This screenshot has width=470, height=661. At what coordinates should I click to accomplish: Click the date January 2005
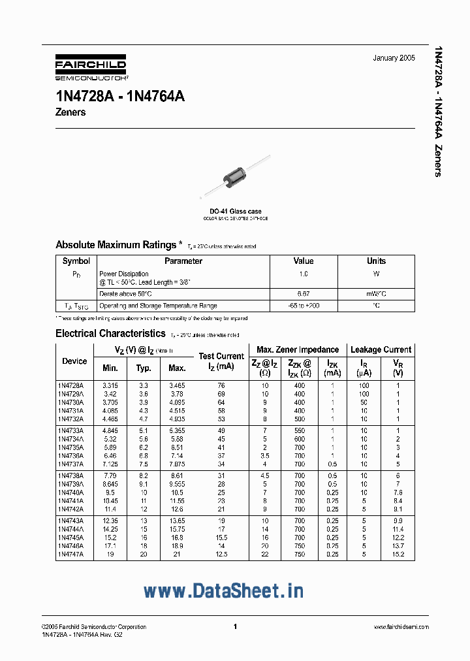tap(394, 58)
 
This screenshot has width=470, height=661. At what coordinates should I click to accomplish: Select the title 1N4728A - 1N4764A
tap(120, 96)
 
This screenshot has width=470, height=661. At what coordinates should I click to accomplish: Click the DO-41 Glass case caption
tap(235, 212)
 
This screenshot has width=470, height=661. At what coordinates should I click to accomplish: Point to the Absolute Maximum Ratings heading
tap(116, 245)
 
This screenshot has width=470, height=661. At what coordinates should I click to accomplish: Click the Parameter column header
tap(183, 261)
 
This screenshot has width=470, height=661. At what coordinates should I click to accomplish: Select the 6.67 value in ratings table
tap(303, 294)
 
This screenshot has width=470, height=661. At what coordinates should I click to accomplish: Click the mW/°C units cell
tap(376, 294)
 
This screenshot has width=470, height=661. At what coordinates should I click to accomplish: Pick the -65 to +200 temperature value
tap(303, 306)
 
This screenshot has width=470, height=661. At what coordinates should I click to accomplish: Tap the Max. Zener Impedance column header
tap(298, 349)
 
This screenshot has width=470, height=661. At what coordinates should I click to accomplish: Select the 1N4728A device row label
tap(70, 385)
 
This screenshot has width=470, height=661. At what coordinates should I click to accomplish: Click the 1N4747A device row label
tap(70, 554)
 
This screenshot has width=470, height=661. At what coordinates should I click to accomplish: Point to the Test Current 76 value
tap(221, 385)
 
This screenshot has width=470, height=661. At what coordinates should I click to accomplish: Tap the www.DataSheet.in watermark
tap(223, 590)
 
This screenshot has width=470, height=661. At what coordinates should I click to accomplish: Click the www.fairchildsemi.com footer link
tap(398, 626)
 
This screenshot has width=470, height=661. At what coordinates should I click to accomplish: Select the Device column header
tap(74, 361)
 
